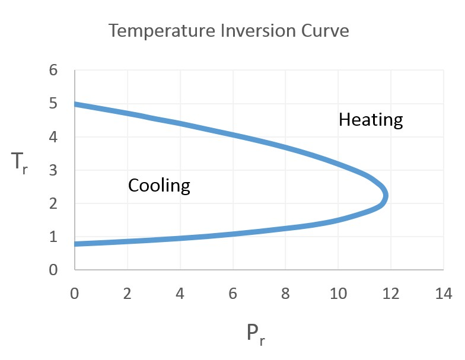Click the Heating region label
click(371, 120)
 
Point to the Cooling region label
click(159, 186)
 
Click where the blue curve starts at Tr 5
click(76, 104)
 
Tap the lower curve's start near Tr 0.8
click(76, 243)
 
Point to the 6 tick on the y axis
click(53, 71)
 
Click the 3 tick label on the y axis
click(53, 170)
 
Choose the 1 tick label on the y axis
click(53, 237)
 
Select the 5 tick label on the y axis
click(53, 104)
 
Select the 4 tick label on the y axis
click(53, 137)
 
